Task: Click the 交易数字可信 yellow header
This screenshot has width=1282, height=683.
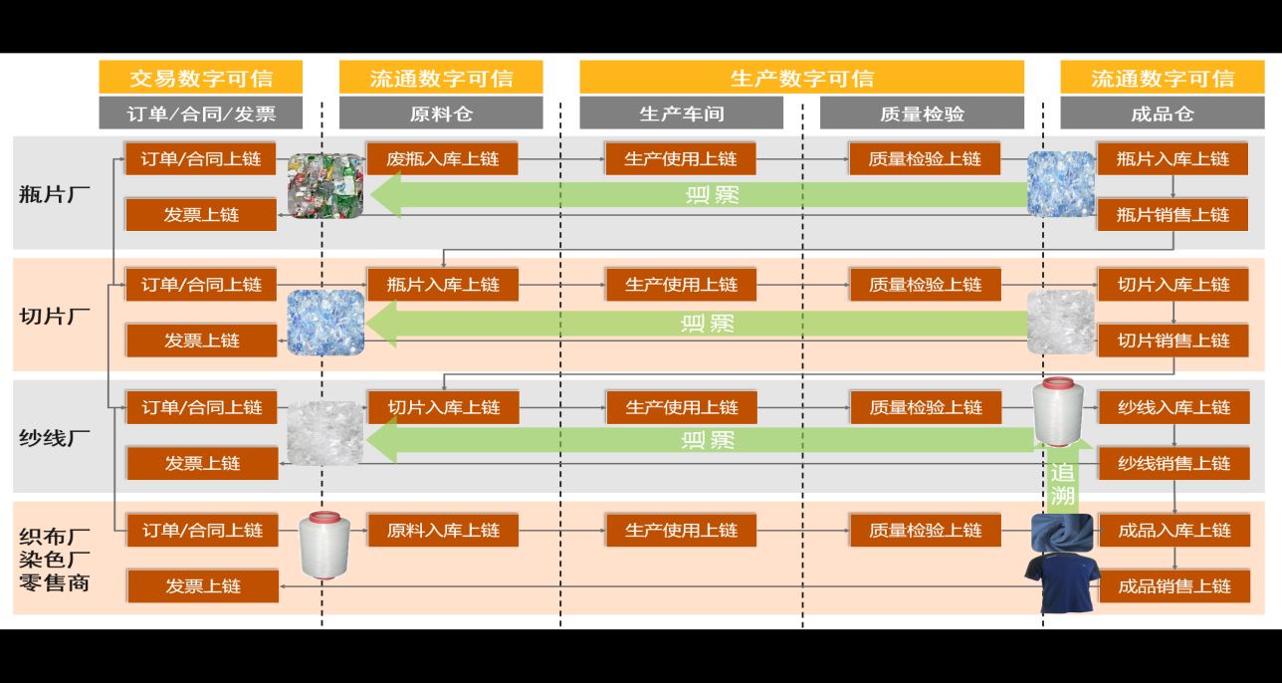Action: click(x=201, y=78)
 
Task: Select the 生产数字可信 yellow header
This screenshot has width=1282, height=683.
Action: click(x=801, y=78)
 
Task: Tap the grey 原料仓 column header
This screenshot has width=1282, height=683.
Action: click(x=441, y=114)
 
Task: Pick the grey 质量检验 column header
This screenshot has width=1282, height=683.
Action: click(x=922, y=114)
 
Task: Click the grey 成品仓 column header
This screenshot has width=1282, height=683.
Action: click(x=1162, y=114)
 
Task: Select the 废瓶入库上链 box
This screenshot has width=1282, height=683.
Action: click(x=443, y=158)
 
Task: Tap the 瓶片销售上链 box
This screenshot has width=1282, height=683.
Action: click(x=1173, y=214)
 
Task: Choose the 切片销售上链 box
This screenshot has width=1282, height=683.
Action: click(x=1173, y=341)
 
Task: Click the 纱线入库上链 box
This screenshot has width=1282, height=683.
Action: click(x=1174, y=407)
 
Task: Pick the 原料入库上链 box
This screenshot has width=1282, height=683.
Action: click(x=443, y=531)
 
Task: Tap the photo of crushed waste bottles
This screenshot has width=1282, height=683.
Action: click(x=324, y=185)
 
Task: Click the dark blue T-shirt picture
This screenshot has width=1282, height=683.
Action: click(x=1061, y=582)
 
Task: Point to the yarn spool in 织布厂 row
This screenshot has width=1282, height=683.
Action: click(x=320, y=544)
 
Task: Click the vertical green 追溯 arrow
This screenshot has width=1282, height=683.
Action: click(x=1063, y=478)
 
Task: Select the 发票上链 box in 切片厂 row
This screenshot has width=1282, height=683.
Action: click(x=202, y=341)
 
